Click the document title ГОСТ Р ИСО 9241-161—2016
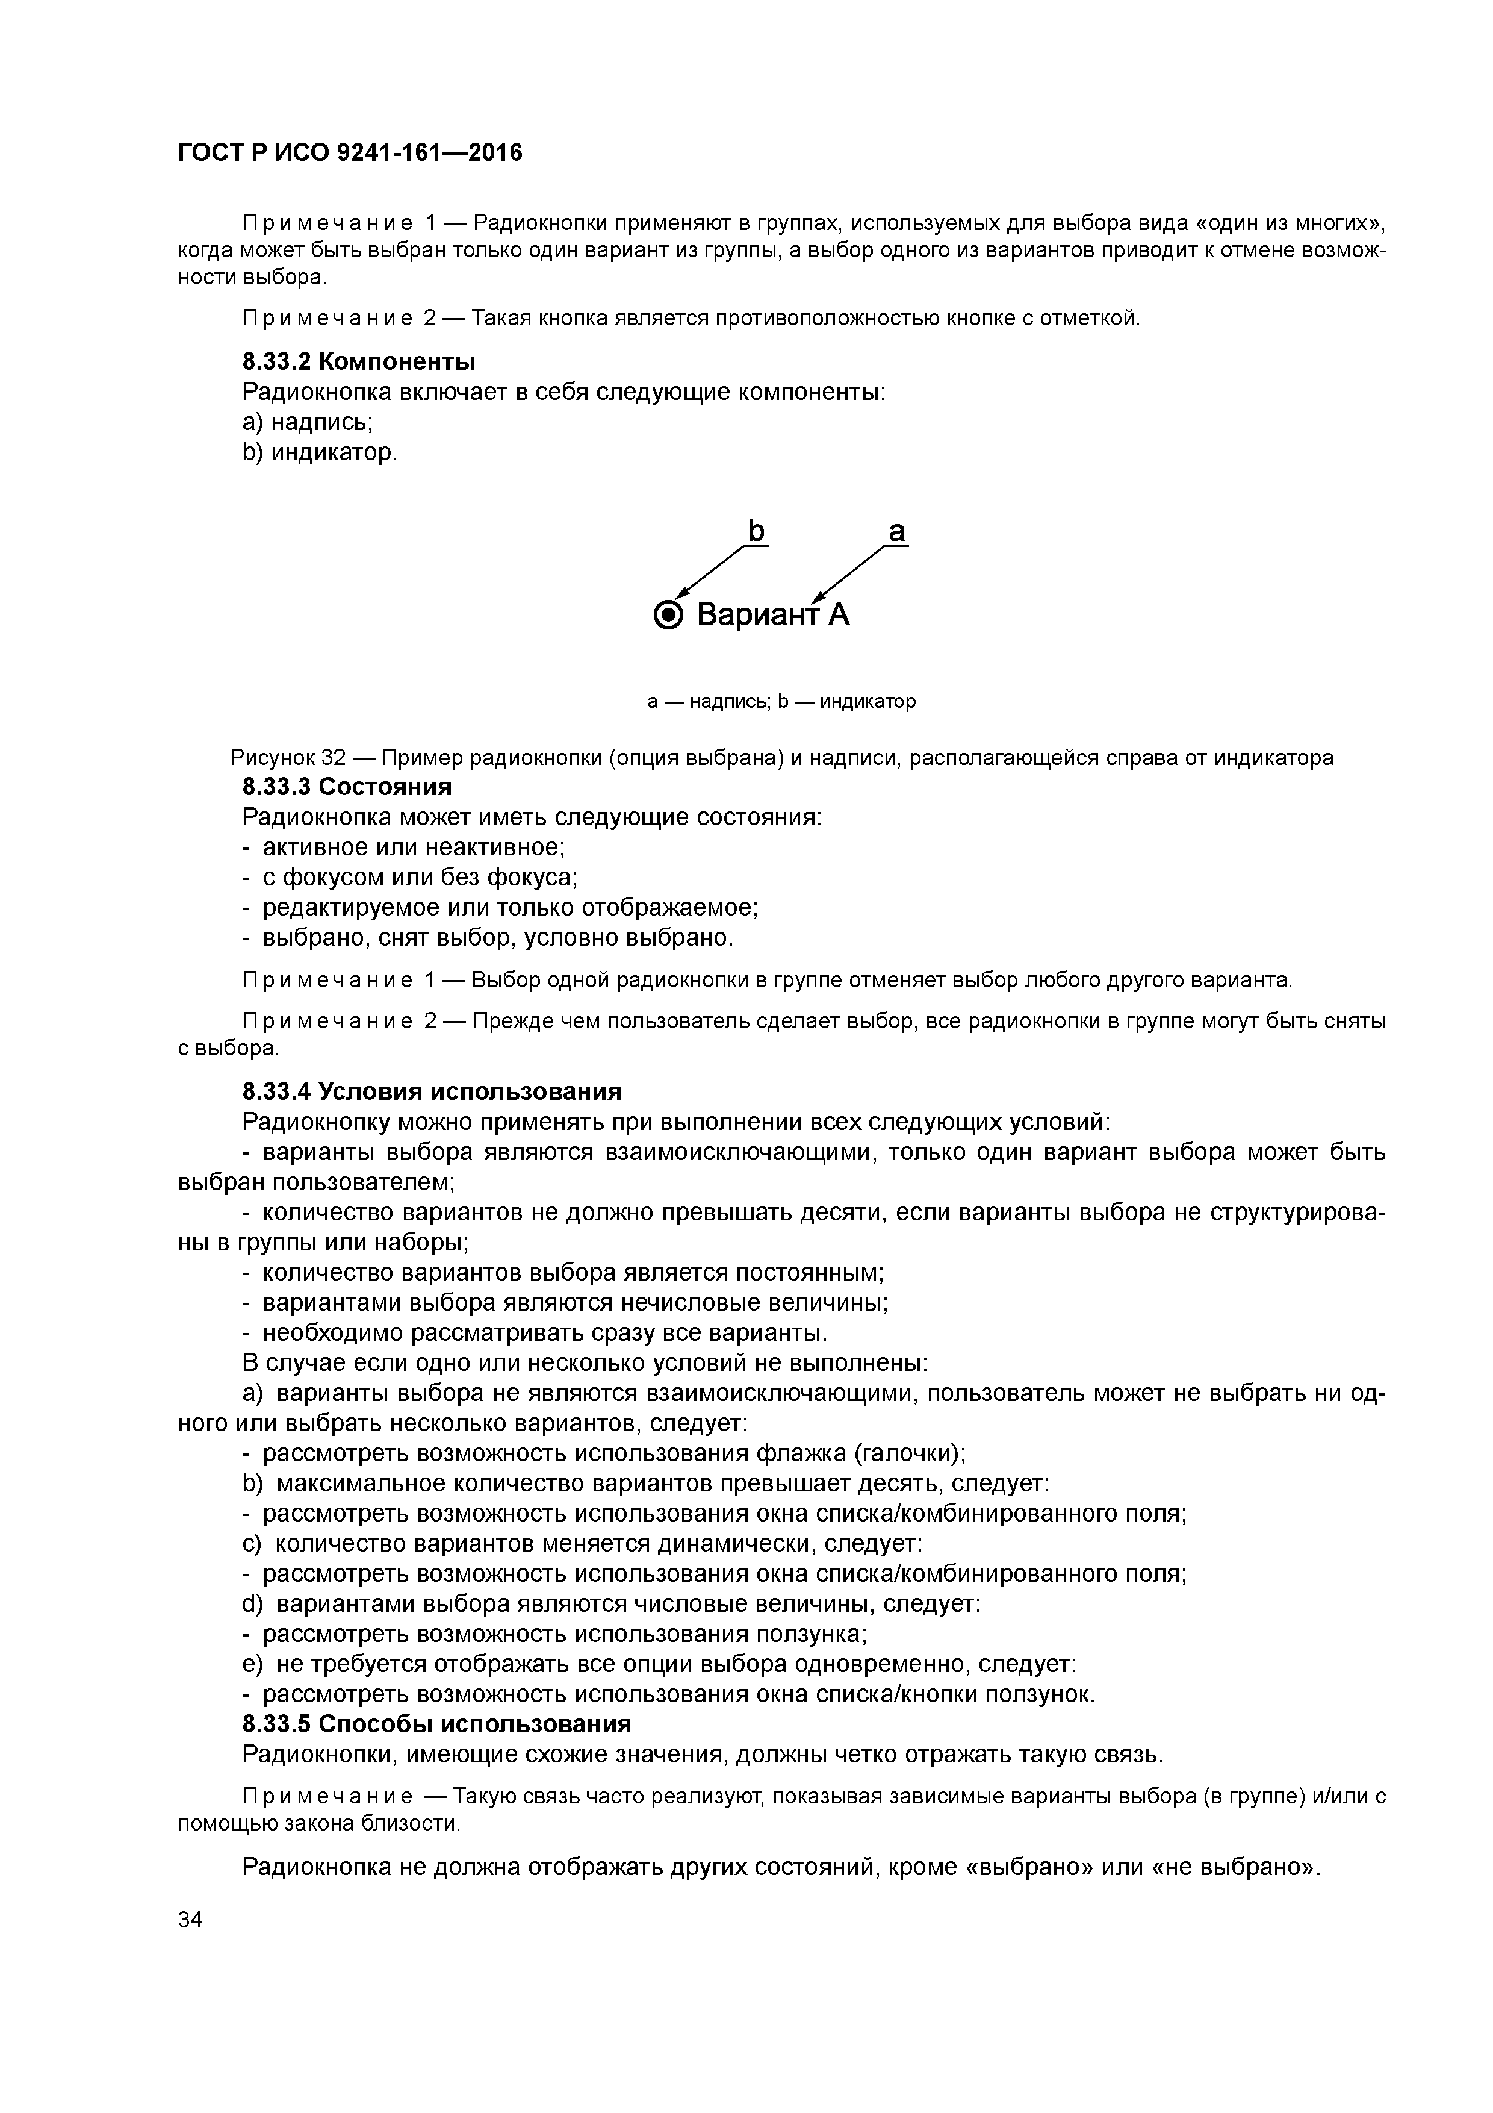pos(350,153)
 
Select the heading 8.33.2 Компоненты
pos(359,361)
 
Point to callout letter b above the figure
pos(756,531)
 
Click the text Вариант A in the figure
pos(773,615)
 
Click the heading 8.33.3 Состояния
pos(347,787)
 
